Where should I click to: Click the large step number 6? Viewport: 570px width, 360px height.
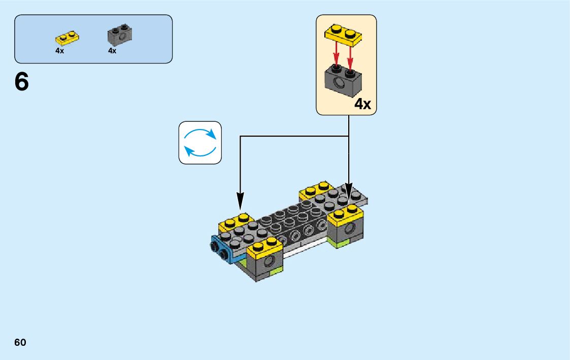click(22, 82)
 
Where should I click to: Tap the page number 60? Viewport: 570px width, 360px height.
click(20, 342)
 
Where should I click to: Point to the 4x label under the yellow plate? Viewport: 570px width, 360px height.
click(60, 51)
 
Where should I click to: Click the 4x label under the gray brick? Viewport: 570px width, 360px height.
click(112, 51)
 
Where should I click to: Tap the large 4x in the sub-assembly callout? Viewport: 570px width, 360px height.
click(362, 105)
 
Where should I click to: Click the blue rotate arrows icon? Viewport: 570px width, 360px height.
click(200, 143)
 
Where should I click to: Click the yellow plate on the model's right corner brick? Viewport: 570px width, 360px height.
click(346, 214)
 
